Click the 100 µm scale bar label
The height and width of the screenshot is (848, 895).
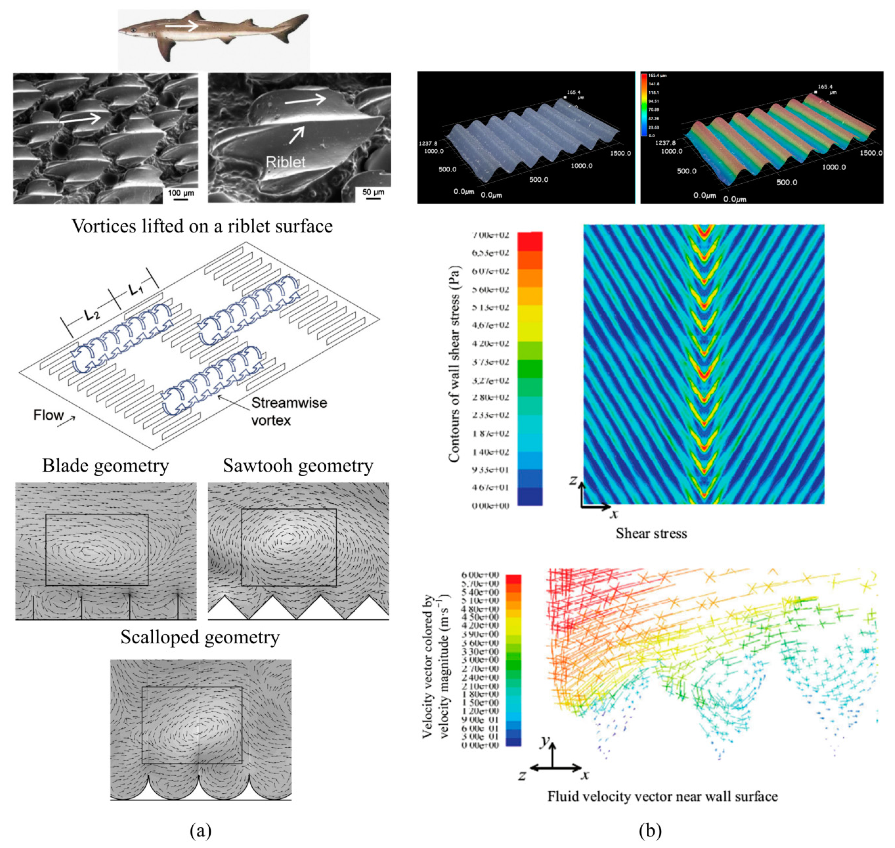point(181,193)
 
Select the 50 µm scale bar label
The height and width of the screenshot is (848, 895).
point(373,192)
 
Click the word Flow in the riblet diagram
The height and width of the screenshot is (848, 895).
point(48,415)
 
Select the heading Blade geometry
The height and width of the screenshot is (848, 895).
point(105,466)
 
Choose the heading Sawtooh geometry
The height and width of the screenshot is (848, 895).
point(298,466)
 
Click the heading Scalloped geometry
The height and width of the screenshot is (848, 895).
point(200,637)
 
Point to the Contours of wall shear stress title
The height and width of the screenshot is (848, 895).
point(454,364)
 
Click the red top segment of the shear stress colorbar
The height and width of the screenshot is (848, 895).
point(530,241)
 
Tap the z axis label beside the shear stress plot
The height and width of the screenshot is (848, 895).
point(573,480)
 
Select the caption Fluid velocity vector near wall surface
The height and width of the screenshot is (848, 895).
point(663,796)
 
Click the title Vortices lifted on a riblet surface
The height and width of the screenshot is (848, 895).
point(202,226)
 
